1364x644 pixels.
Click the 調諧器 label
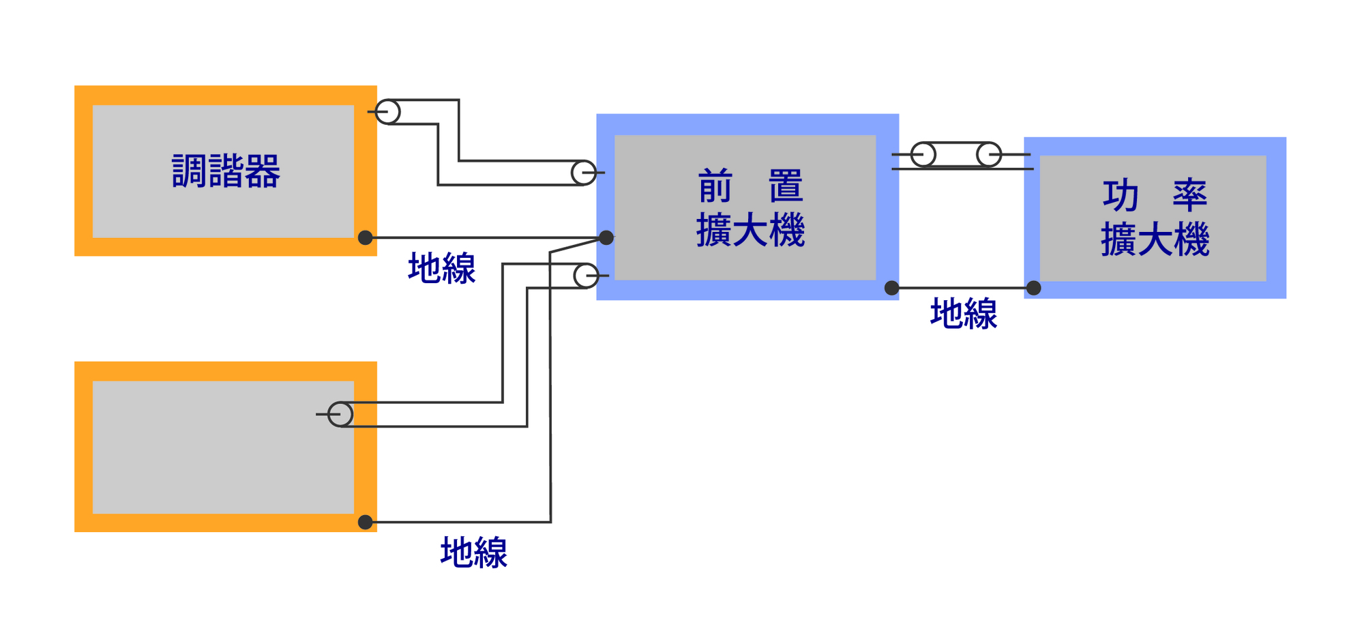tap(226, 171)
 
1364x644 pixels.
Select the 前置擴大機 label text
tap(750, 208)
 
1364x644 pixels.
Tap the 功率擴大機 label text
tap(1155, 218)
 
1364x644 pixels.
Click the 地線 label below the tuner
tap(442, 268)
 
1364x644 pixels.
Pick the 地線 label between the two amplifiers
tap(964, 314)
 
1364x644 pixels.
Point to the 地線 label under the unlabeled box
tap(474, 552)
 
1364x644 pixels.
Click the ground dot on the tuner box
tap(366, 237)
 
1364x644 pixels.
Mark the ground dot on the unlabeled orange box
tap(366, 522)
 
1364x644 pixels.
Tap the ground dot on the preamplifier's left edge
tap(606, 237)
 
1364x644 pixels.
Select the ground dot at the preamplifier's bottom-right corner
tap(891, 288)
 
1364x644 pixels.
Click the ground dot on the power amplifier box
tap(1034, 288)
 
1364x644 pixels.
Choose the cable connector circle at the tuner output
tap(388, 112)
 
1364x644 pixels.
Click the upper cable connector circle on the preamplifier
tap(584, 173)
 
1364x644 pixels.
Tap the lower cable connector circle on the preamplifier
tap(587, 276)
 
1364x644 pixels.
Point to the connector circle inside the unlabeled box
tap(340, 414)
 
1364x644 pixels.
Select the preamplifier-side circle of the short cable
tap(923, 155)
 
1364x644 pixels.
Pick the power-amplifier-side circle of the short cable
tap(989, 155)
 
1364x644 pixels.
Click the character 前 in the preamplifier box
tap(715, 187)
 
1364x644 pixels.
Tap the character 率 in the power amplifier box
tap(1190, 196)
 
